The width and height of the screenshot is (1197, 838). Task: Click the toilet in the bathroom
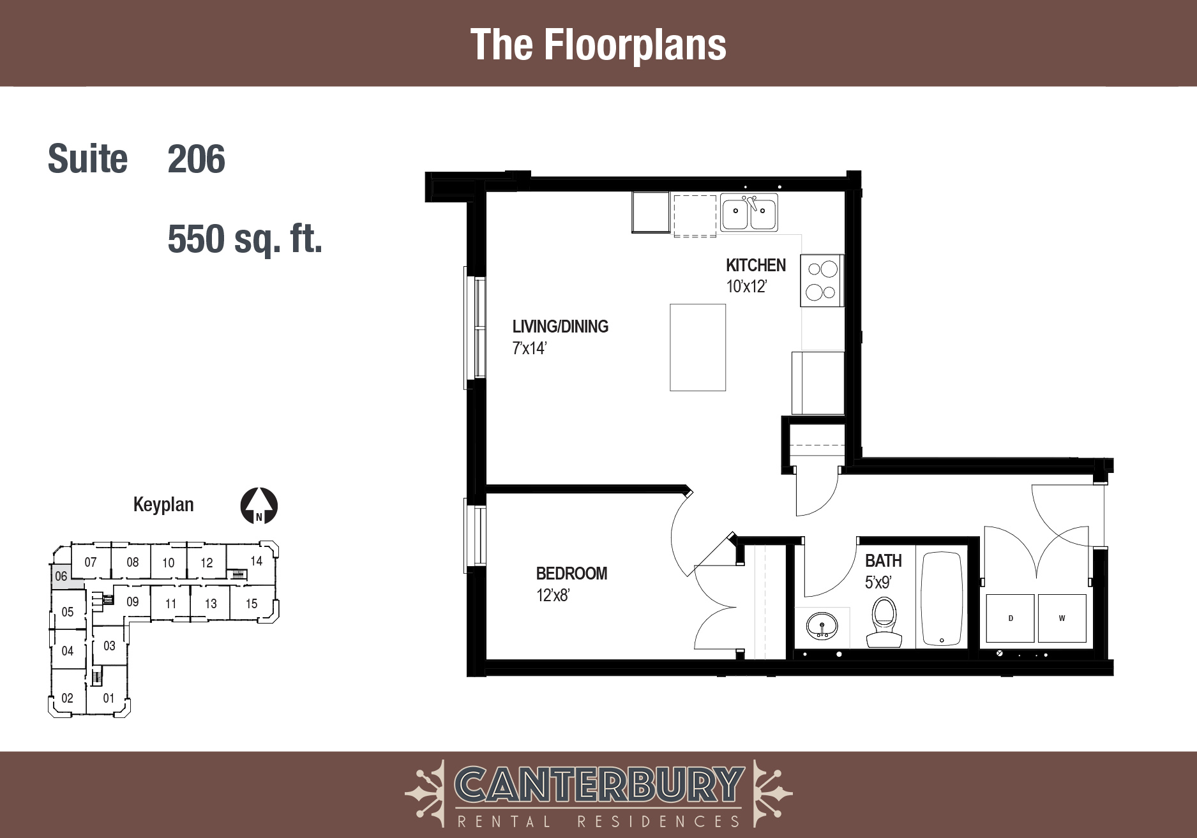[x=884, y=622]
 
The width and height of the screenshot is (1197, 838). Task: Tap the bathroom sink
[x=822, y=625]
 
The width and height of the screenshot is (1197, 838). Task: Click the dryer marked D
[x=1010, y=618]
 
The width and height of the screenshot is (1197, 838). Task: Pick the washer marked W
[x=1062, y=618]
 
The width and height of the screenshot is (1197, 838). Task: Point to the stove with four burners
[x=822, y=281]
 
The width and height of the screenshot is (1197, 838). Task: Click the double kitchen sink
[x=749, y=213]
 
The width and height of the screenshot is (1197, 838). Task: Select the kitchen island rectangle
[x=698, y=347]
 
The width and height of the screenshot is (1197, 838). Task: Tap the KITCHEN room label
[x=756, y=265]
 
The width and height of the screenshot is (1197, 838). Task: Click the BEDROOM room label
[x=571, y=573]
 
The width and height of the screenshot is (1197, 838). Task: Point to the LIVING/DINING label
[x=561, y=326]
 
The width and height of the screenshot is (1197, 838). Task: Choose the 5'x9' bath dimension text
[x=878, y=582]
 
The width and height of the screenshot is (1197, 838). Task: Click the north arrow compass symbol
[x=259, y=506]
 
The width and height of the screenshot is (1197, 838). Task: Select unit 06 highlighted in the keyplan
[x=61, y=576]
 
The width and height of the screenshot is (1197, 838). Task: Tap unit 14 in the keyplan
[x=256, y=561]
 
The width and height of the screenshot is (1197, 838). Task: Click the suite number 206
[x=196, y=159]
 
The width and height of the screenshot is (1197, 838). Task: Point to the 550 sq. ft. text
[x=245, y=239]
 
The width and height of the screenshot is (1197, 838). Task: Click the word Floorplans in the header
[x=635, y=45]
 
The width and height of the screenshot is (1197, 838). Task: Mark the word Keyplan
[x=163, y=505]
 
